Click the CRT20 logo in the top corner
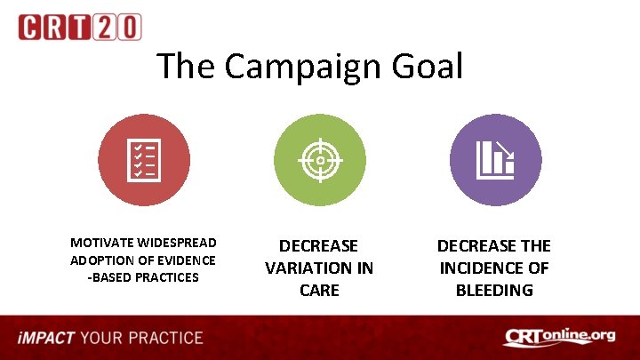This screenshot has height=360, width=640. coord(80,27)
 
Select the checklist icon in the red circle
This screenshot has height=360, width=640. coord(143,160)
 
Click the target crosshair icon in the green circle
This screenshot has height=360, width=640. coord(319,160)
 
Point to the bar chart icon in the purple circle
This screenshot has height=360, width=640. coord(495,160)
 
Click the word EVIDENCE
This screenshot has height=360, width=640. coord(183,260)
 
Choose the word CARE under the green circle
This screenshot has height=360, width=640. coord(319,290)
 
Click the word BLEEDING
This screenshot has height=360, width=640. coord(494,290)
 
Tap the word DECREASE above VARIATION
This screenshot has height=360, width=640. coord(319,245)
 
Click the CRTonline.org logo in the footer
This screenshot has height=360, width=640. coord(559,337)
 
